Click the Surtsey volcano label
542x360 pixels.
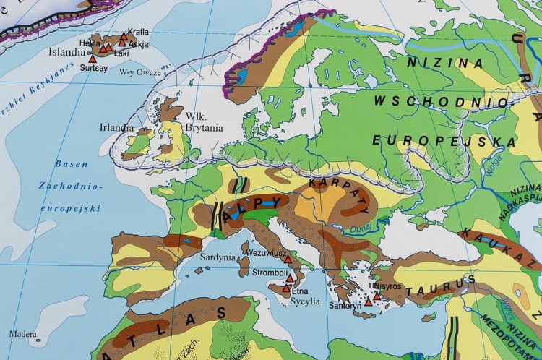coord(94,68)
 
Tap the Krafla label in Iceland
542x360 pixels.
coord(138,32)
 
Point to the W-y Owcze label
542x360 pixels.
coord(140,72)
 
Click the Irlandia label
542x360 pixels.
coord(116,127)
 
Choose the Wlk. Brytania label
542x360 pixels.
coord(204,122)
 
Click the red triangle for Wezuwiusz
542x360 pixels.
coord(288,259)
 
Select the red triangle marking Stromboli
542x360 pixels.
coord(290,278)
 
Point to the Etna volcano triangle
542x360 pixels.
coord(286,288)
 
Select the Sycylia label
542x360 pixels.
coord(305,301)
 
